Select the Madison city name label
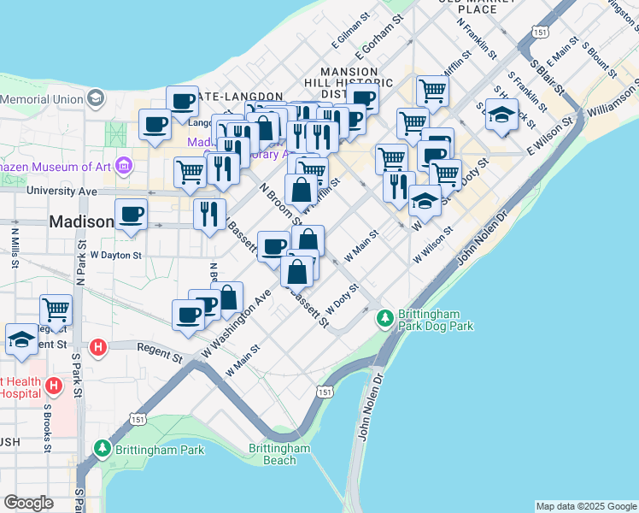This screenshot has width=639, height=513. (x=81, y=221)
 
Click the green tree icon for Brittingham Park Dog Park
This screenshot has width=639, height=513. (x=385, y=317)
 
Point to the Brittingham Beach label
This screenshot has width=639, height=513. (x=279, y=454)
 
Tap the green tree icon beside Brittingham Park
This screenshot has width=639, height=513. (x=103, y=448)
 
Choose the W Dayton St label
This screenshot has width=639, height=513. (x=114, y=255)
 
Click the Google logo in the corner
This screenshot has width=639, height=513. (x=28, y=503)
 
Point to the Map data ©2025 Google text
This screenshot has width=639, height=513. (x=585, y=506)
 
